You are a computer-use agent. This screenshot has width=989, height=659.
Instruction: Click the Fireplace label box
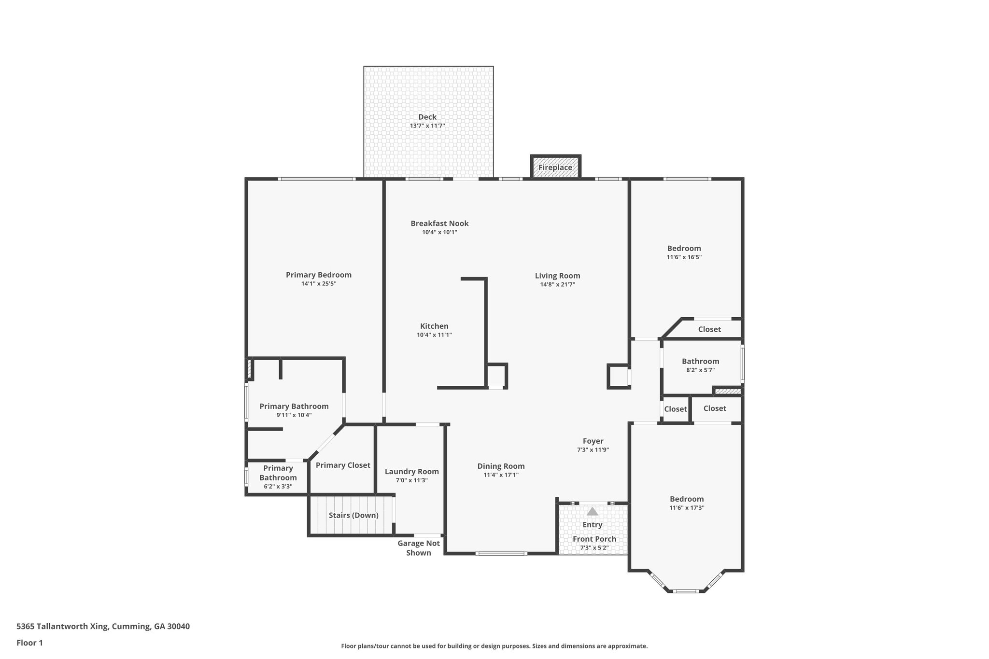[555, 168]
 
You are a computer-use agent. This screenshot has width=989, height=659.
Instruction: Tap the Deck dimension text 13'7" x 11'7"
[427, 126]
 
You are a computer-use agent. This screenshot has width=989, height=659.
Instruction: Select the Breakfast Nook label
[439, 223]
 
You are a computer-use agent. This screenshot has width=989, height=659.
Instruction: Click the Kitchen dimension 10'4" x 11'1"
[434, 335]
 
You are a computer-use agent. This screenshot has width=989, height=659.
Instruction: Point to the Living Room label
[557, 276]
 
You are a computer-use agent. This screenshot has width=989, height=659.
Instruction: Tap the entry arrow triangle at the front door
[593, 512]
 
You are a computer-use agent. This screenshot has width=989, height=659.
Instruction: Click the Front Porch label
[594, 539]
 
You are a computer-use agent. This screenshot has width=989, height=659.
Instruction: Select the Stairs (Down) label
[353, 515]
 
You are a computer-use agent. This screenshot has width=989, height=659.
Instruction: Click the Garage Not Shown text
[419, 548]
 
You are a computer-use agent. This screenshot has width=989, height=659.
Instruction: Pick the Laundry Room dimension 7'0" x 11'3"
[412, 480]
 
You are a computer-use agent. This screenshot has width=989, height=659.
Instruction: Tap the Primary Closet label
[343, 465]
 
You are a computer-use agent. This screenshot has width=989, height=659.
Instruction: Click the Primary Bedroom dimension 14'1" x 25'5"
[319, 284]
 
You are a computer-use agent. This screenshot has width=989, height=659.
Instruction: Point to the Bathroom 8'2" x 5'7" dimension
[700, 370]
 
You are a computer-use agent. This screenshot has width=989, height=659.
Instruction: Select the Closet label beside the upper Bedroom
[709, 329]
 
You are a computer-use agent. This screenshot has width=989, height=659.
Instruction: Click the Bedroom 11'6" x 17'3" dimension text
[687, 508]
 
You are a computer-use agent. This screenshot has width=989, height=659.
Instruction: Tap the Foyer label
[593, 441]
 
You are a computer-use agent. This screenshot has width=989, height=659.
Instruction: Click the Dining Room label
[501, 466]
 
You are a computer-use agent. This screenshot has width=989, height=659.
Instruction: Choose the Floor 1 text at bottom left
[30, 643]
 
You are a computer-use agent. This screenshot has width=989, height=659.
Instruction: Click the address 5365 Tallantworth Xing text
[103, 626]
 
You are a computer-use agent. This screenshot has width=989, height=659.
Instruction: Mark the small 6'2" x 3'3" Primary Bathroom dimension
[278, 487]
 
